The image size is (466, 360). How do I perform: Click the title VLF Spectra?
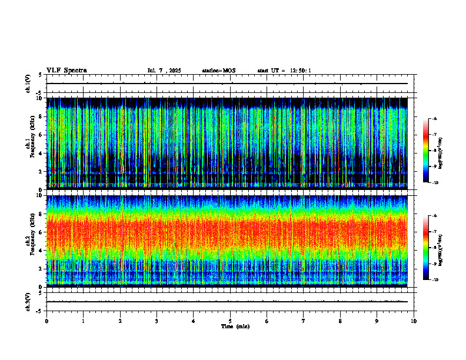click(66, 71)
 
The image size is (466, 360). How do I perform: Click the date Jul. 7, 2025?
click(164, 71)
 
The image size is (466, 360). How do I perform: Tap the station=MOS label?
click(219, 71)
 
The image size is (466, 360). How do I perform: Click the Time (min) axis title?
click(235, 326)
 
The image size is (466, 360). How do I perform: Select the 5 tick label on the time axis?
click(230, 321)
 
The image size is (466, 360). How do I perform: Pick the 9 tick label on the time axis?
click(377, 321)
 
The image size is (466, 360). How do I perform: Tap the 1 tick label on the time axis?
click(83, 321)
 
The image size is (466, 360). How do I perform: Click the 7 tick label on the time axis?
click(304, 321)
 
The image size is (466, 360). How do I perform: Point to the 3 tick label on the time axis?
click(157, 321)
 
